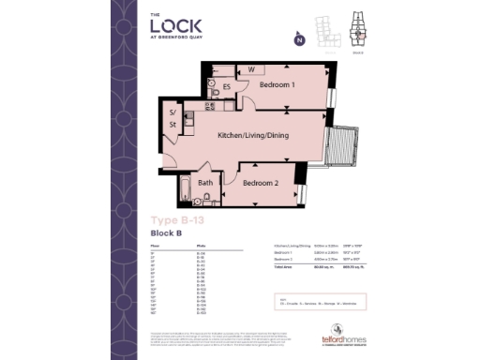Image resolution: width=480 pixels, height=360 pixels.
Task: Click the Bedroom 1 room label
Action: (278, 85)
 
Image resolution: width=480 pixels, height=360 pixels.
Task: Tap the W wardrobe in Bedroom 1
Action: (251, 69)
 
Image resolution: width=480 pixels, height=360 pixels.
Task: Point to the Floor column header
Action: (155, 247)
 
